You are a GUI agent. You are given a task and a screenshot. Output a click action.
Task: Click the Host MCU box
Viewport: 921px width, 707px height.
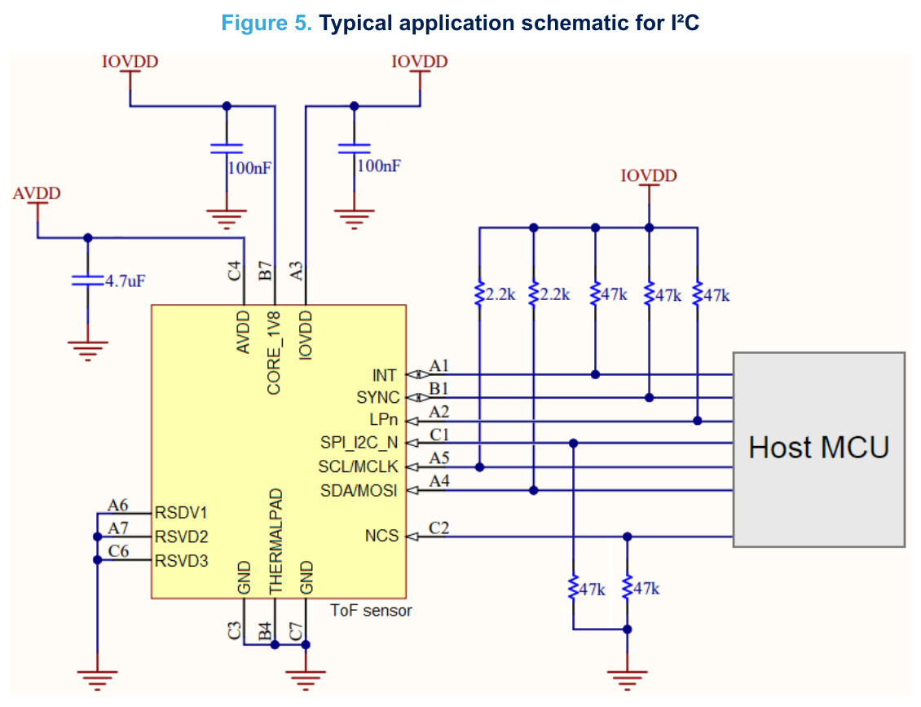coord(819,449)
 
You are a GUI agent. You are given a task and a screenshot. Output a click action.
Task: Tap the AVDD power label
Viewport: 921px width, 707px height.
coord(37,193)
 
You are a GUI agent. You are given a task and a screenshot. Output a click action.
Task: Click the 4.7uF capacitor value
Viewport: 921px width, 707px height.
coord(126,281)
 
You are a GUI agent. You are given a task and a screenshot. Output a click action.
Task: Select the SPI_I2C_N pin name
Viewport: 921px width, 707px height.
coord(359,443)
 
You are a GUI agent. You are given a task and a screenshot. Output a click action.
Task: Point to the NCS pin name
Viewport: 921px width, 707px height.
coord(381,536)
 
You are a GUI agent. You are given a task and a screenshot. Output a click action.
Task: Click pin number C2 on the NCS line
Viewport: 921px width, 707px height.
coord(438,528)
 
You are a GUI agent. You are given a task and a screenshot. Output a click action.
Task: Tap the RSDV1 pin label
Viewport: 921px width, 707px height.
coord(181,513)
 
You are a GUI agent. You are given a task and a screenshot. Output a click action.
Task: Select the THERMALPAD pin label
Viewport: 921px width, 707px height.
coord(275,541)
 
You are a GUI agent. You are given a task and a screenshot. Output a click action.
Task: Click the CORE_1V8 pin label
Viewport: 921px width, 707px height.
coord(274,353)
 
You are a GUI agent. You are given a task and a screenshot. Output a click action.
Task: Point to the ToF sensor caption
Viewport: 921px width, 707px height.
coord(371,611)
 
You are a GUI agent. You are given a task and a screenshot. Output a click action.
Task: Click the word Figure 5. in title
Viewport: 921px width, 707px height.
coord(267,23)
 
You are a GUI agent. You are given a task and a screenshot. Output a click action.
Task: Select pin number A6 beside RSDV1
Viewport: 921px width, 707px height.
coord(117,505)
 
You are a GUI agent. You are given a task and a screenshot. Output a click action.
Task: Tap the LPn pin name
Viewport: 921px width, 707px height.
coord(384,420)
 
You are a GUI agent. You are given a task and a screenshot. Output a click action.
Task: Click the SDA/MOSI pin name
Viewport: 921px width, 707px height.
coord(359,490)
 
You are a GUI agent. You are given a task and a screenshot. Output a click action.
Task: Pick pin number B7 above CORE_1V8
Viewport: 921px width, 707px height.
coord(266,271)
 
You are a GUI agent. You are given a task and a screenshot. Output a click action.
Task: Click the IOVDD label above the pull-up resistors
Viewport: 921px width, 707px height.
coord(649,175)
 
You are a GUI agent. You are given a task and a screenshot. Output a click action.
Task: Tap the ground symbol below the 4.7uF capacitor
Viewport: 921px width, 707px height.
coord(87,350)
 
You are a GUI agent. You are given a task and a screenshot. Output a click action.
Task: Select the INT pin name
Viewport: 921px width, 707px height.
coord(384,375)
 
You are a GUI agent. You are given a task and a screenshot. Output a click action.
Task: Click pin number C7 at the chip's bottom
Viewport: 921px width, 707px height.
coord(296,632)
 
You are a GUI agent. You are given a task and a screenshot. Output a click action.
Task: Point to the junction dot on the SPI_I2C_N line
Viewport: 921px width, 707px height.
coord(573,443)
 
